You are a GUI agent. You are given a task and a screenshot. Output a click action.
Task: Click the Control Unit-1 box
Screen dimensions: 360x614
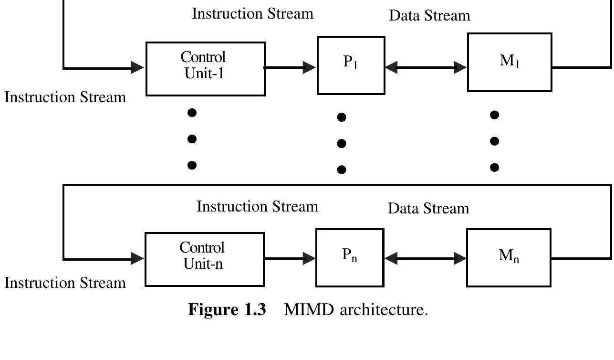[x=205, y=69]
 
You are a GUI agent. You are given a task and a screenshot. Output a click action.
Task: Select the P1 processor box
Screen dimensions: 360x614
[x=351, y=65]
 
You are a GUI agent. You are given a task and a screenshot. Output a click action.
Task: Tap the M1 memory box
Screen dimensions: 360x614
[x=510, y=62]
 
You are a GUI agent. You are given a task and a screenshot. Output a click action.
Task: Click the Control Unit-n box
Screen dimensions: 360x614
[x=204, y=259]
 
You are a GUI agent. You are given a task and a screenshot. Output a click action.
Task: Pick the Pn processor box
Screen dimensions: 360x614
[x=350, y=257]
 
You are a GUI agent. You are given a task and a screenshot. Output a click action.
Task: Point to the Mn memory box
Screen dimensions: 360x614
[x=509, y=257]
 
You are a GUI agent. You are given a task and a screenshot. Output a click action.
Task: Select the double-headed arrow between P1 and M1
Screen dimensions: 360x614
[x=426, y=67]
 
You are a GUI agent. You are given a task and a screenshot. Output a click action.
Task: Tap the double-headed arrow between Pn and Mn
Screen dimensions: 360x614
[x=425, y=259]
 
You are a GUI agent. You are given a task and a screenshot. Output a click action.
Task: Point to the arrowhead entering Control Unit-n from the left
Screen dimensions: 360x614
[x=137, y=259]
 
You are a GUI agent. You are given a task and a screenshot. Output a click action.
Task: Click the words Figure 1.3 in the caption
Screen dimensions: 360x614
[x=227, y=310]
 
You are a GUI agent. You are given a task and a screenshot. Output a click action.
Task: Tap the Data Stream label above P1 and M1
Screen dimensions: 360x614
[x=429, y=16]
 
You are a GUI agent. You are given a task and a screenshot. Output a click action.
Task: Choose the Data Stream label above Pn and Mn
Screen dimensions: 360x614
[x=428, y=209]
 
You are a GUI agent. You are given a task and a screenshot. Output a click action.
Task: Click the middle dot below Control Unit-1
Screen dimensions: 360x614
[x=192, y=139]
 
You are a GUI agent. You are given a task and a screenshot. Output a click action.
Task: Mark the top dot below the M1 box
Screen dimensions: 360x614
[x=495, y=115]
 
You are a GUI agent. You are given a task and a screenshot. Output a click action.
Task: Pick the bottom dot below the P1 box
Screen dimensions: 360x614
[x=342, y=169]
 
